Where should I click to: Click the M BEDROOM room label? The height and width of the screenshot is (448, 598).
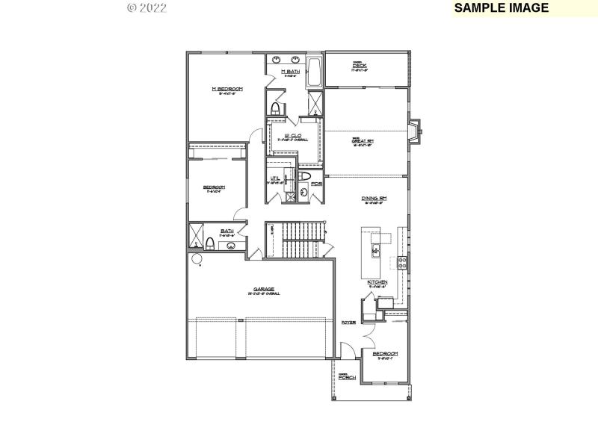(226, 89)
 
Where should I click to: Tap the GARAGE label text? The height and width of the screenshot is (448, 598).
(263, 288)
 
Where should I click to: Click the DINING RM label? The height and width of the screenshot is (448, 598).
(374, 198)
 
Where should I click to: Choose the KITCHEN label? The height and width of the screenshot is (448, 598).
(376, 282)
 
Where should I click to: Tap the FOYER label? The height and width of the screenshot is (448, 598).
(348, 323)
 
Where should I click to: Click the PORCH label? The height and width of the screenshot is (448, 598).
(346, 378)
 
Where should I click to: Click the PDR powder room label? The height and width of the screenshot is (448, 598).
(316, 183)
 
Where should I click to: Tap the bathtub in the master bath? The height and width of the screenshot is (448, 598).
(314, 71)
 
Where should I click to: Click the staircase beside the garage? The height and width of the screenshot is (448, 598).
(295, 240)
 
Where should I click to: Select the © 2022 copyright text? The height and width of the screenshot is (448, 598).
(147, 8)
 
